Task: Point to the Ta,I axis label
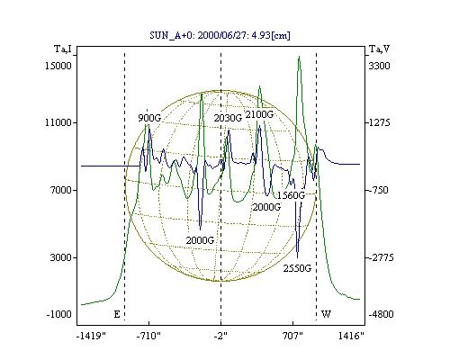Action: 63,49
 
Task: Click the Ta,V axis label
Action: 379,49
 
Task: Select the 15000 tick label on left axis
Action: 58,66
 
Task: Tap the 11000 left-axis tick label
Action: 58,122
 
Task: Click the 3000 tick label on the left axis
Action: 60,257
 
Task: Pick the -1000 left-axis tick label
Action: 58,314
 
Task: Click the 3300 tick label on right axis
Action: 379,66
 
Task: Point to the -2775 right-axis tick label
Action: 380,257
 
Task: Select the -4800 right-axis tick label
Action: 381,314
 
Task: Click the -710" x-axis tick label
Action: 148,336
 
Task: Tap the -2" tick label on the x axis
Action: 220,336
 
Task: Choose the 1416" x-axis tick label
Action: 351,336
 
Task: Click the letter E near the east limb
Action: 117,314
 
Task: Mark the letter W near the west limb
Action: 326,314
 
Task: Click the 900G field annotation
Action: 149,118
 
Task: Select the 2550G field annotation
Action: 297,268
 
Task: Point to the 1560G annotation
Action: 291,195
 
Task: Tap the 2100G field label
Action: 259,114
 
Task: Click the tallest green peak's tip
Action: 299,56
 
